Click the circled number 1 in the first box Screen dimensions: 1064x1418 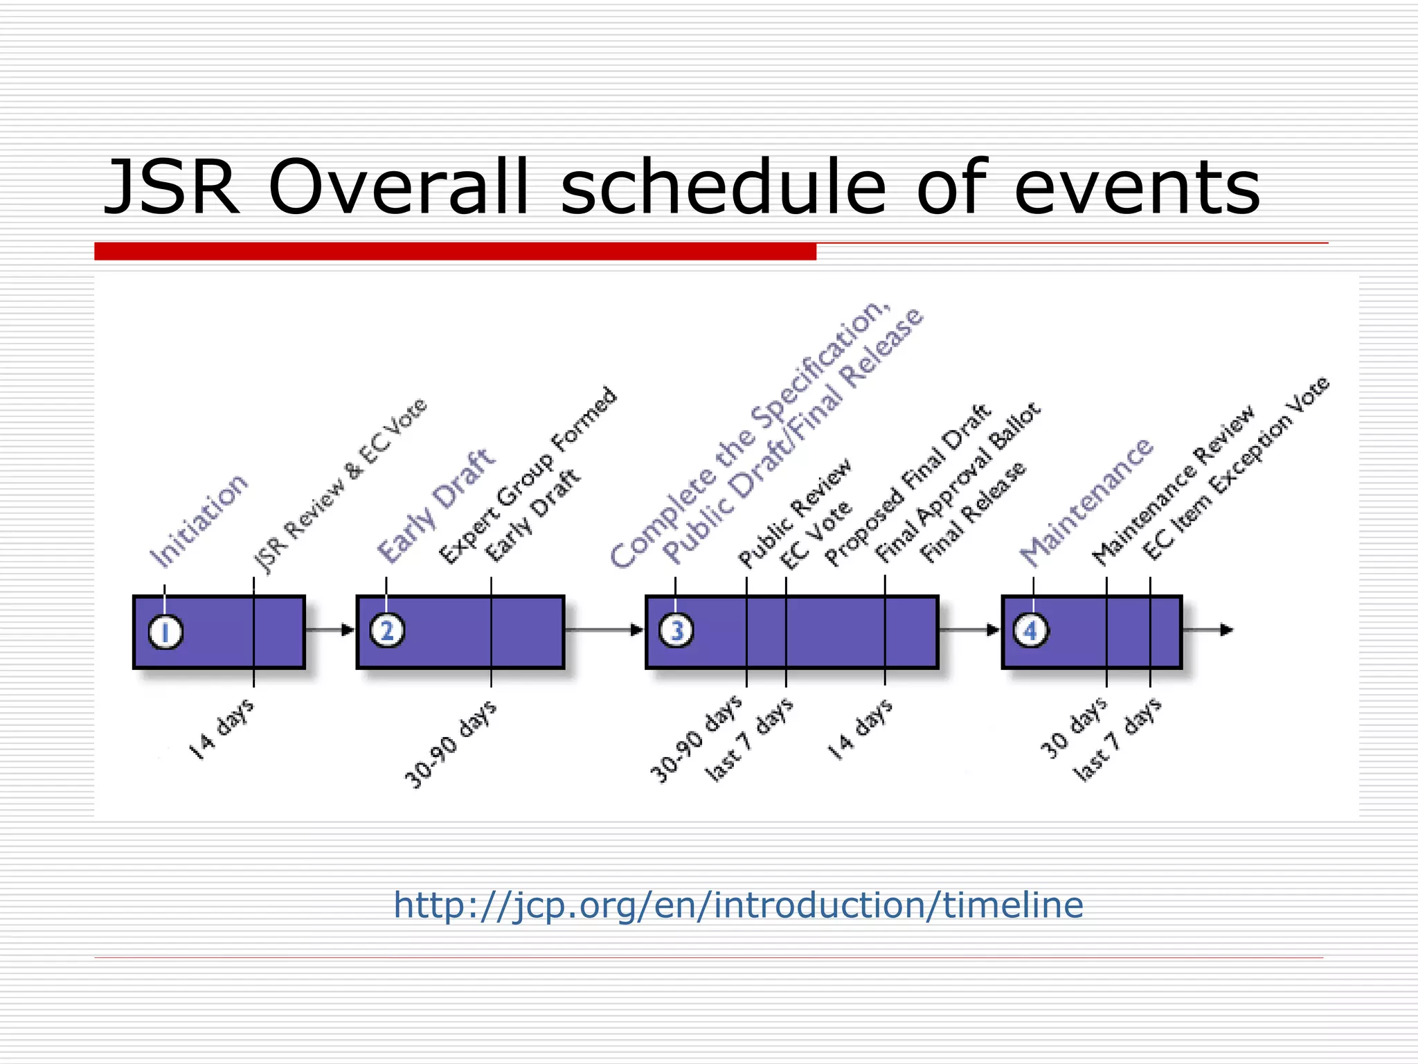point(165,632)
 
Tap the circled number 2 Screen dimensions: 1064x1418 point(387,631)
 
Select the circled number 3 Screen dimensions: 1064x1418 point(676,631)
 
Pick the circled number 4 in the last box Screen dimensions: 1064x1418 point(1031,631)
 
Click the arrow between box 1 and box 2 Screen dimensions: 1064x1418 point(330,630)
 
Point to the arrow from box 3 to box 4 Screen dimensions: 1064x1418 point(970,630)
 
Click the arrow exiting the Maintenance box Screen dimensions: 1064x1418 point(1208,630)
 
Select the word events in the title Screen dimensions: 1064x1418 point(1136,188)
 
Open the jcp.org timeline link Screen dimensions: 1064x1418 point(738,905)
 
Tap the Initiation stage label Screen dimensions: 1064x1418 point(199,521)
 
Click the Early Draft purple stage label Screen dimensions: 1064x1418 point(436,506)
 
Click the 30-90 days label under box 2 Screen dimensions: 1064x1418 point(450,745)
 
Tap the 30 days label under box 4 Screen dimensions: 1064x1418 point(1073,728)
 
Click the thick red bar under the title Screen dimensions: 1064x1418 point(455,251)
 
